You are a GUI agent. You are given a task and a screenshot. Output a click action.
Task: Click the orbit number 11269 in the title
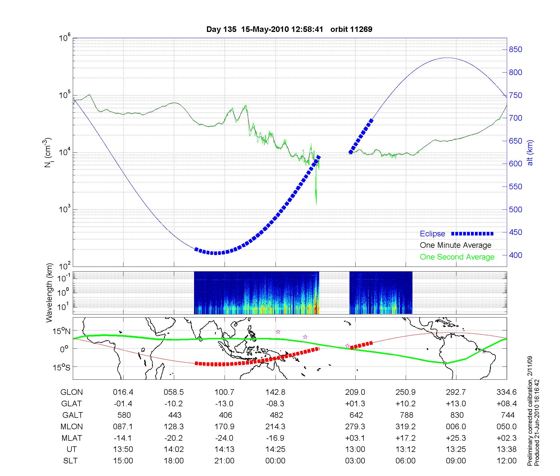coord(361,29)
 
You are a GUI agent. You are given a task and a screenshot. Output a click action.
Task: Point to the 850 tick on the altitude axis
coord(515,50)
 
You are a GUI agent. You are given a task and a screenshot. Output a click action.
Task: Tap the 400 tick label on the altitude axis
coord(515,255)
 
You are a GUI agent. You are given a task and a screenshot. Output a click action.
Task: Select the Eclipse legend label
coord(432,234)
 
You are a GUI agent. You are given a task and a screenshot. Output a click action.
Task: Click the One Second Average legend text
coord(457,257)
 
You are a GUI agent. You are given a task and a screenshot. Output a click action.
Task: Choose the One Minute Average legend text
coord(456,245)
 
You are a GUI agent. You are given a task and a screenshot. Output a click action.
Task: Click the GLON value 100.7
coord(224,392)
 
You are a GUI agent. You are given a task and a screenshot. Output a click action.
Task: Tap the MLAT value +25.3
coord(456,438)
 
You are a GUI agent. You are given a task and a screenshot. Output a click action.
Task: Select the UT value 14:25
coord(276,449)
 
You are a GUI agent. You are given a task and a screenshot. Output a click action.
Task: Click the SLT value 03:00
coord(355,461)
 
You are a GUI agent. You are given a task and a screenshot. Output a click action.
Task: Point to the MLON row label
coord(71,426)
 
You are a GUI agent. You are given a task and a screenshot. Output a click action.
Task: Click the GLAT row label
coord(71,404)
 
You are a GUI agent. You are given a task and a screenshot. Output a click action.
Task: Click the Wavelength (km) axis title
coord(49,293)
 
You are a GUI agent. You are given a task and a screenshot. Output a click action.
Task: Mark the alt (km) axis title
coord(530,153)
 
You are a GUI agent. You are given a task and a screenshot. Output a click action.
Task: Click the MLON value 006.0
coord(456,426)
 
